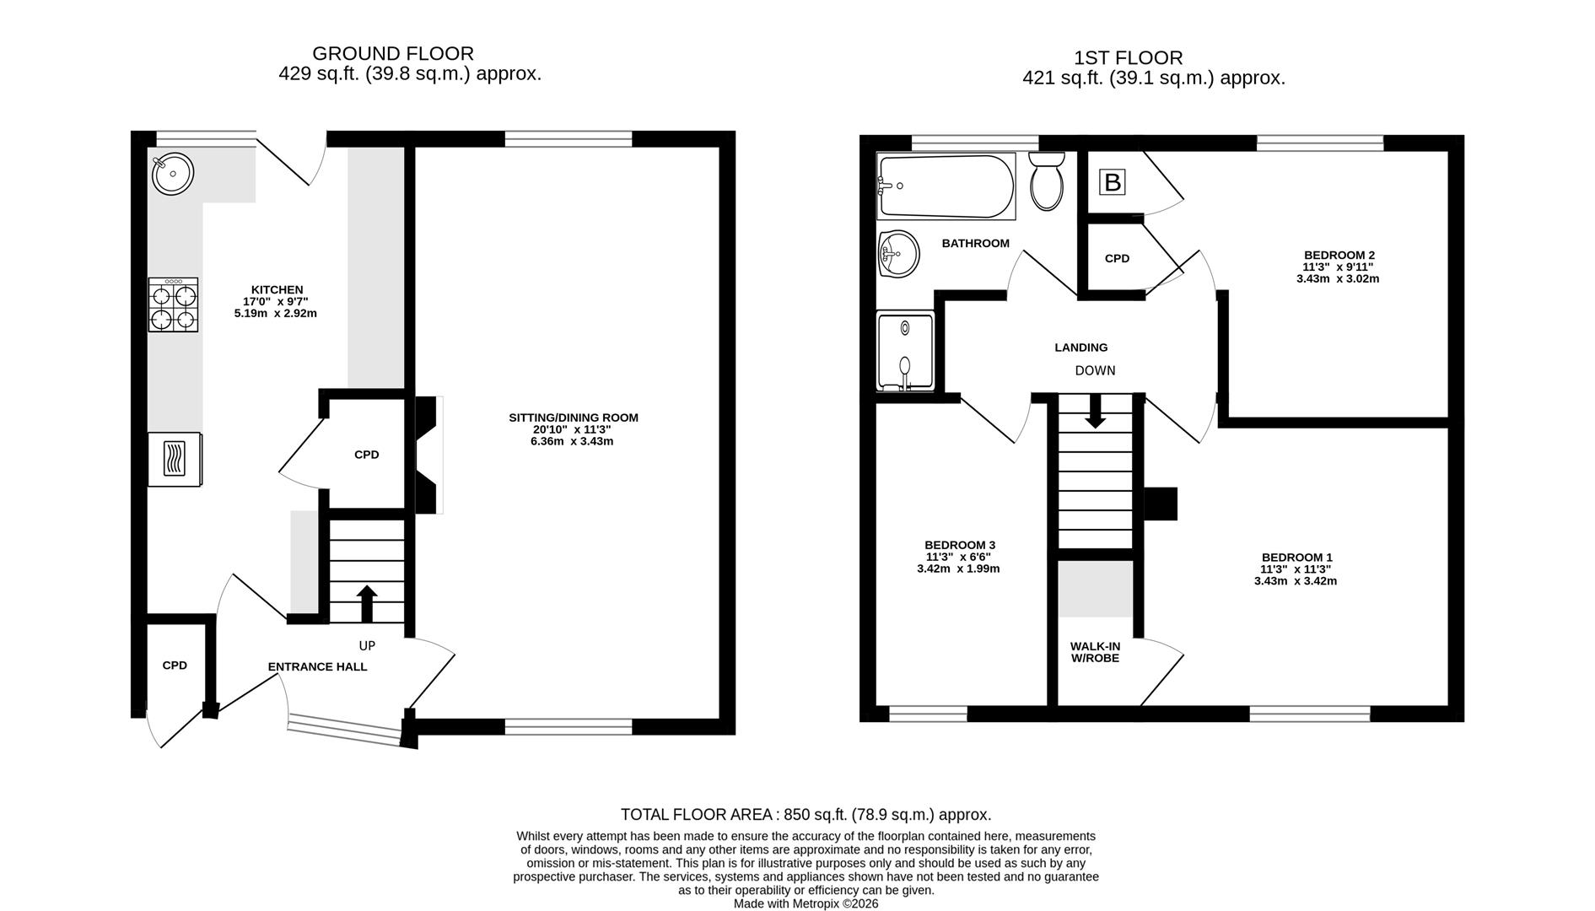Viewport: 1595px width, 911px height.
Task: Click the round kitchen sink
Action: (x=173, y=175)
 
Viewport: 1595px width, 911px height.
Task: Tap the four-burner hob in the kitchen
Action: (x=174, y=305)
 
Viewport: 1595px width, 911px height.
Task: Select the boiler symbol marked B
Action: (x=1113, y=182)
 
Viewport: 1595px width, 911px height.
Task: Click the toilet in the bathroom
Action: (x=1048, y=181)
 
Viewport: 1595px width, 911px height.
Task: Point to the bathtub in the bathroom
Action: (x=946, y=186)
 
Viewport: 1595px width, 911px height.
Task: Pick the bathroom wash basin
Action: (x=897, y=254)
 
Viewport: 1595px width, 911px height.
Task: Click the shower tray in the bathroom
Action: (x=906, y=352)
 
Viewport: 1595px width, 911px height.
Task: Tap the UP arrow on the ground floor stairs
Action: (x=367, y=603)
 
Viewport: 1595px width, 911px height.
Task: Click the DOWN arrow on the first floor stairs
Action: (x=1095, y=411)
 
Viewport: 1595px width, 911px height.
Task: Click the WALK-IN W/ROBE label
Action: (x=1095, y=652)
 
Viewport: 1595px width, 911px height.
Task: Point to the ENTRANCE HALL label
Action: (x=317, y=667)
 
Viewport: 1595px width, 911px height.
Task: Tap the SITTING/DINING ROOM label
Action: (x=573, y=418)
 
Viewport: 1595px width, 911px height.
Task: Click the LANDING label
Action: (x=1081, y=348)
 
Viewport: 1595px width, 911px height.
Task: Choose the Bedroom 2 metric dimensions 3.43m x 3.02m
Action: (x=1338, y=278)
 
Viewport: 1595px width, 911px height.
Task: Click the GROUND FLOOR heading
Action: (x=393, y=54)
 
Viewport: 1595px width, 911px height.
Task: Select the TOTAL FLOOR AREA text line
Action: (x=806, y=815)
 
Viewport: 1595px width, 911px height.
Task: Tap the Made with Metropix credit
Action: (x=806, y=903)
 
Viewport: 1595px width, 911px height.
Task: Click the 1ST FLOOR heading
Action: (x=1129, y=58)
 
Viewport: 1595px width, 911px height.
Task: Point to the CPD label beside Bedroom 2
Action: (x=1117, y=258)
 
